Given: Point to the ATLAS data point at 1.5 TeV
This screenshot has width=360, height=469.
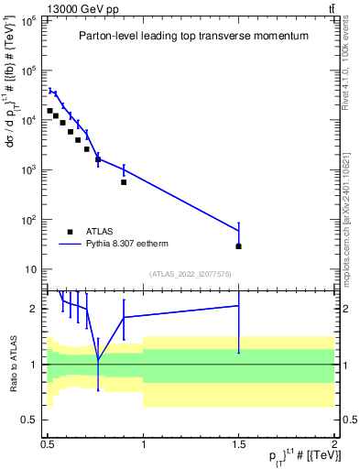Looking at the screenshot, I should [238, 246].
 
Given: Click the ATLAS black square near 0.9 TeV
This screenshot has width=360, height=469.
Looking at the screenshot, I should [124, 182].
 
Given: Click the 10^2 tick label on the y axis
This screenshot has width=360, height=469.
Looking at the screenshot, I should [28, 220].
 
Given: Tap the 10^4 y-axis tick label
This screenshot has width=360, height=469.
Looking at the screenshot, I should [28, 120].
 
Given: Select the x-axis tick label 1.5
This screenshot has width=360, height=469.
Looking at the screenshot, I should [238, 442].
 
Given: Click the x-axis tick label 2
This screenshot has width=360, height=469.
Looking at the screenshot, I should [334, 442].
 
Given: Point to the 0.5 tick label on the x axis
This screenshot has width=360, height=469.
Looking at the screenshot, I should [48, 442].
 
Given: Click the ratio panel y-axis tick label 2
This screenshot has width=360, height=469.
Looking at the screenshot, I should [35, 309].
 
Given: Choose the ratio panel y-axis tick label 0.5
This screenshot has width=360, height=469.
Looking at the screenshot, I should [31, 420].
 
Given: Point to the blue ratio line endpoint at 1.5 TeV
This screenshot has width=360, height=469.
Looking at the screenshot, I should [238, 306].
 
